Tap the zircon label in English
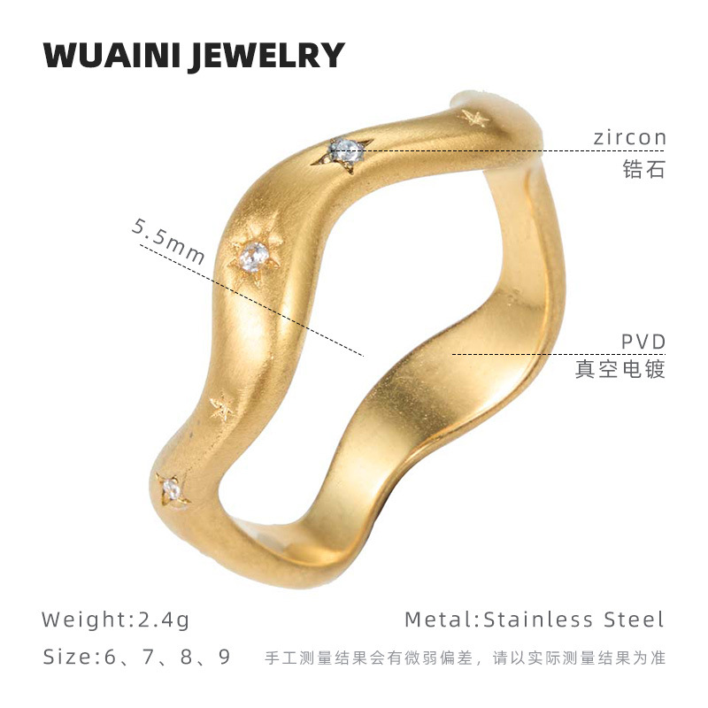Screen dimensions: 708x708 (x=629, y=138)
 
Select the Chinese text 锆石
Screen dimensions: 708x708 (x=643, y=169)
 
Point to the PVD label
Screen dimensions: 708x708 (x=643, y=342)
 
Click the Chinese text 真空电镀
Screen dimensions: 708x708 (x=619, y=368)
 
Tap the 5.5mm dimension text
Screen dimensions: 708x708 (x=169, y=241)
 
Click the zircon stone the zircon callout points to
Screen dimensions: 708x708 (x=344, y=151)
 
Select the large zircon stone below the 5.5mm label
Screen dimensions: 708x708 (x=253, y=257)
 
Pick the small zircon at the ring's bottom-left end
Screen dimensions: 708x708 (x=173, y=489)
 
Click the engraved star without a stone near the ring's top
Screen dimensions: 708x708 (x=473, y=117)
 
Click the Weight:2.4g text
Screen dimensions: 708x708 (x=116, y=619)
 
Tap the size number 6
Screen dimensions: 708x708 (x=111, y=658)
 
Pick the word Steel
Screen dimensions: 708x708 (x=634, y=619)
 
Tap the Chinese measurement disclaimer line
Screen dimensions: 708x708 (x=465, y=658)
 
